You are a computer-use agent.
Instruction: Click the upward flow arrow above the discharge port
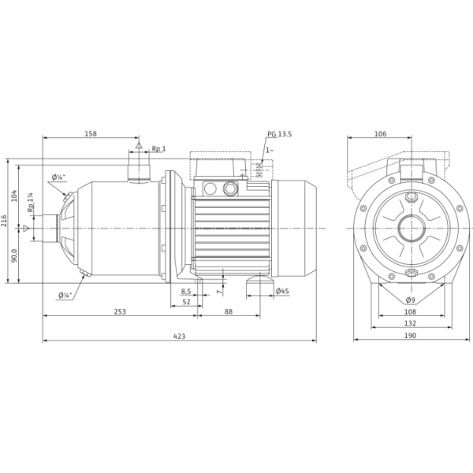tap(139, 146)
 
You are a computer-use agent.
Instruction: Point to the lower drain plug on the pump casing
tap(83, 275)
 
